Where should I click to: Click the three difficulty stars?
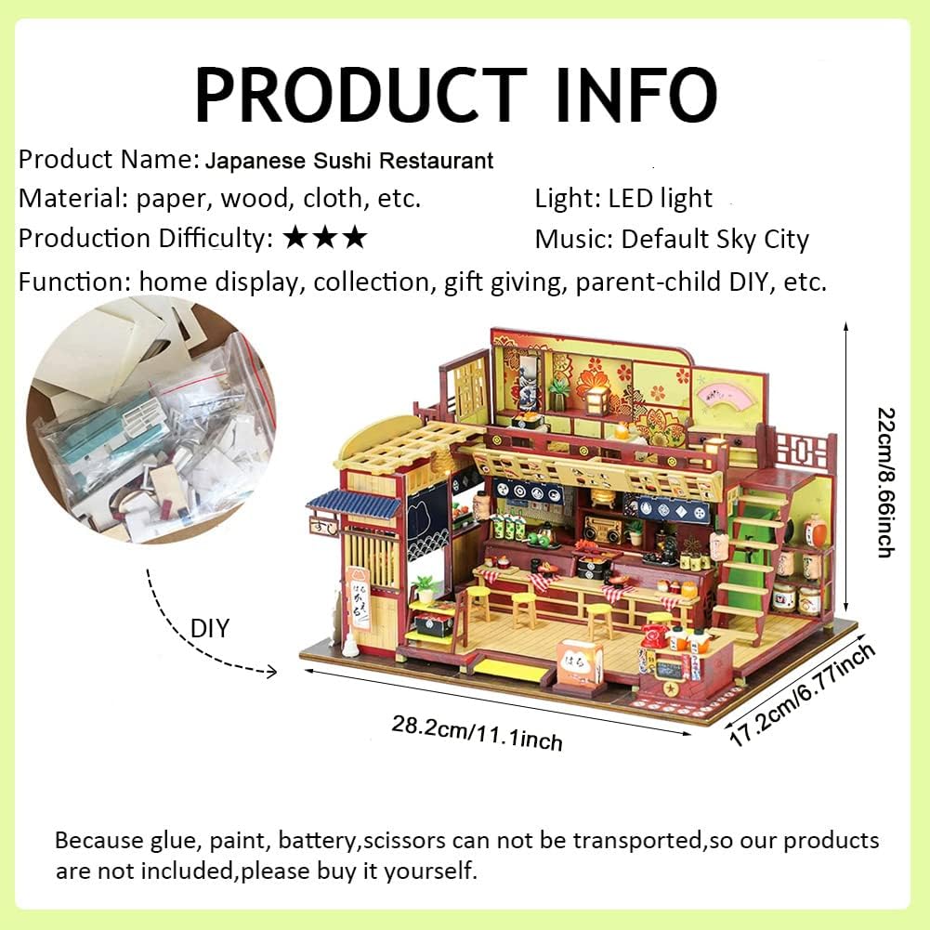click(325, 239)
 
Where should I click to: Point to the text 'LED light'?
click(661, 198)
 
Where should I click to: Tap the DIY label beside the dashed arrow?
click(211, 629)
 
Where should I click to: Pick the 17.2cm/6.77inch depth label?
click(801, 695)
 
